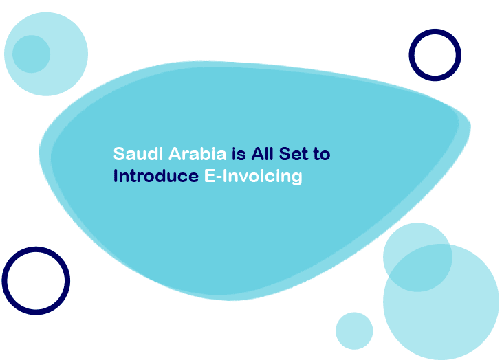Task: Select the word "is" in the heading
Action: click(x=237, y=153)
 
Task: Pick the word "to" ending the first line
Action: click(x=323, y=154)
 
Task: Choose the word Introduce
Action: click(x=155, y=176)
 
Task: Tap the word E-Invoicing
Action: click(x=253, y=177)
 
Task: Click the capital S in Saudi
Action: click(x=118, y=153)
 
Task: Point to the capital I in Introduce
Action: click(x=116, y=176)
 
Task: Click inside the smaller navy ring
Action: click(x=435, y=54)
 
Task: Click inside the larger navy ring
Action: click(x=36, y=280)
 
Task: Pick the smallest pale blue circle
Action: click(x=354, y=330)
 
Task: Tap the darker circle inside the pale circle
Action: click(x=31, y=54)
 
